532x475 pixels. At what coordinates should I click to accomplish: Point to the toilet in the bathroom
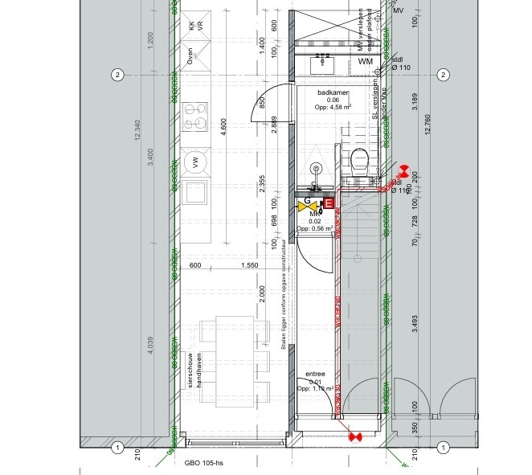(358, 160)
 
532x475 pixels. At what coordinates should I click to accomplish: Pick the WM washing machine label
(366, 62)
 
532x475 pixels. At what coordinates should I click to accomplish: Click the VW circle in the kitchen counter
(194, 162)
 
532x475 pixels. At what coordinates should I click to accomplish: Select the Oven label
(190, 55)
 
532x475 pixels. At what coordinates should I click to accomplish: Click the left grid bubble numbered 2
(117, 76)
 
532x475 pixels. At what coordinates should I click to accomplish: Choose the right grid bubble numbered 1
(442, 448)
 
